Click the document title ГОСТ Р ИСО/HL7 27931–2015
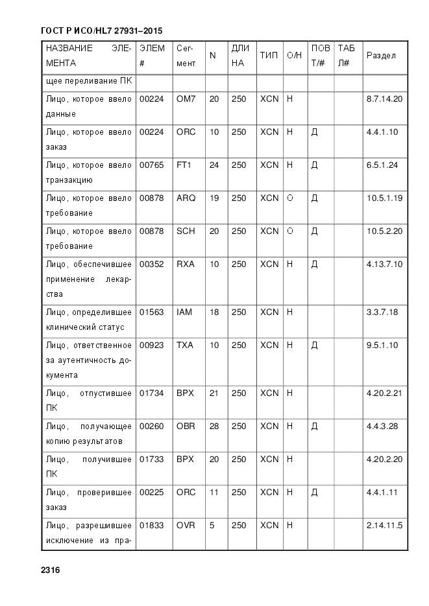[101, 30]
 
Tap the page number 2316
[50, 570]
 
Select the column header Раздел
[381, 56]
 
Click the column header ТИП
[269, 56]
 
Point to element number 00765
[151, 165]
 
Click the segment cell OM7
[186, 99]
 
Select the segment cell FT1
[184, 165]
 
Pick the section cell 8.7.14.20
[384, 99]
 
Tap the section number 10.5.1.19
[384, 198]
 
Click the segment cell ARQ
[186, 198]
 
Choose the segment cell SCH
[186, 231]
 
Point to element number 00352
[151, 264]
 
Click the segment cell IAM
[184, 312]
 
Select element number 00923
[151, 345]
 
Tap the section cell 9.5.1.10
[382, 345]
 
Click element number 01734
[151, 393]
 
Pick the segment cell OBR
[186, 426]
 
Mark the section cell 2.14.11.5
[384, 526]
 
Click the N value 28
[214, 426]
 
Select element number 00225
[151, 493]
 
